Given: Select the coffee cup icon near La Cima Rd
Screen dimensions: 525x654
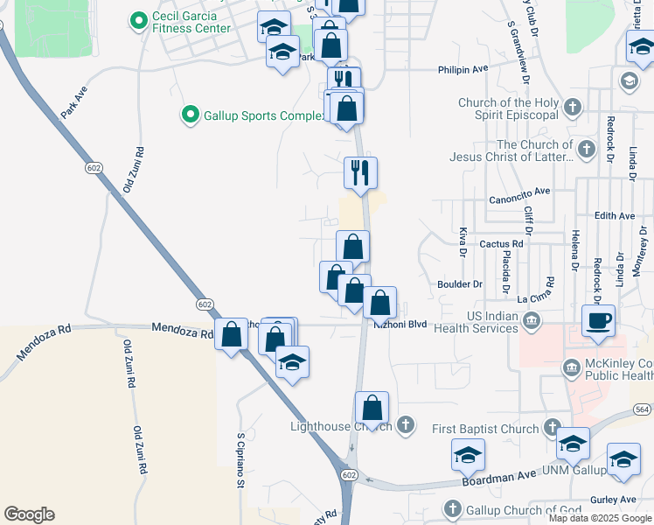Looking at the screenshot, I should coord(598,319).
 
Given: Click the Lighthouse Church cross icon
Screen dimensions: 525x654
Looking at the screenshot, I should coord(404,427).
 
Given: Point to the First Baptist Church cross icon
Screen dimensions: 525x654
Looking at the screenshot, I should coord(551,428).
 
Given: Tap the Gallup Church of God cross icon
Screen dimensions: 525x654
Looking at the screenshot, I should coord(452,508).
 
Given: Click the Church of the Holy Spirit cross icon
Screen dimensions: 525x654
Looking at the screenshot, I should coord(573,108).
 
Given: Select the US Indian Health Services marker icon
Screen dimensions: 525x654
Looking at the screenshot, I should coord(531,323).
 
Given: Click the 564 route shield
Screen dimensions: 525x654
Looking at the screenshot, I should coord(642,409).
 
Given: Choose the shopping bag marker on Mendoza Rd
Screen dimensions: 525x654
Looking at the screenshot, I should coord(232,336).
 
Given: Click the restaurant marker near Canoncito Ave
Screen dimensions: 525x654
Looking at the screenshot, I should coord(359,172).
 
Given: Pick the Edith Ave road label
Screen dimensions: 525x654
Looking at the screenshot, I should coord(614,215).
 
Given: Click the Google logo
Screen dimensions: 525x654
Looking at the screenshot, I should coord(29,514).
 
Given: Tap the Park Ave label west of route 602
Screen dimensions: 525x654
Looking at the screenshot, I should coord(74,101).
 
